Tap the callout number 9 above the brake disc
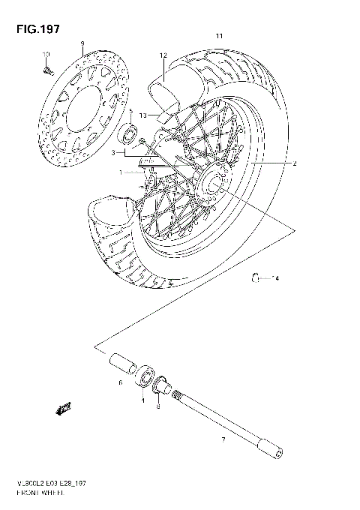(x=82, y=43)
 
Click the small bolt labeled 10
(x=47, y=70)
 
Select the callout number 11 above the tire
(x=219, y=37)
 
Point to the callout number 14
(x=274, y=279)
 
